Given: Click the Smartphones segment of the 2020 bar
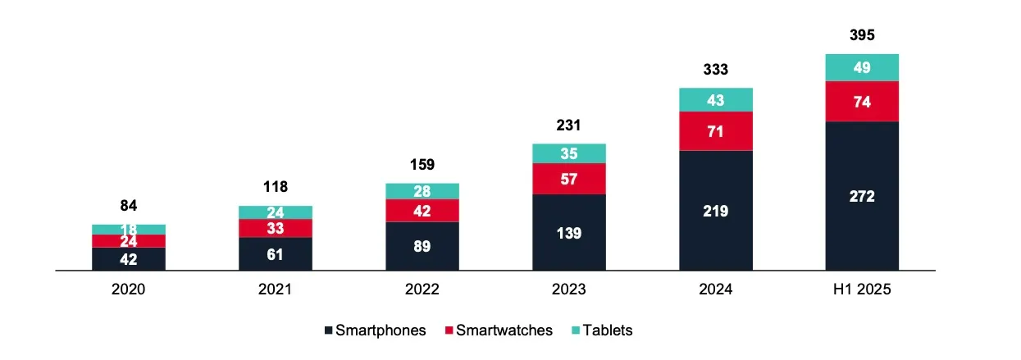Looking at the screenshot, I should [x=129, y=258].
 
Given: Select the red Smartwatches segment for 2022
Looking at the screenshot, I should [x=422, y=210].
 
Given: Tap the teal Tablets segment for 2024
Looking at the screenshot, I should [x=716, y=99].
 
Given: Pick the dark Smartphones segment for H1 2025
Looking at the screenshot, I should [x=862, y=196].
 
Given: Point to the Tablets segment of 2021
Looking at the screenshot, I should [x=276, y=212].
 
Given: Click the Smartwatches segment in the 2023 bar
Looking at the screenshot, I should [x=569, y=179].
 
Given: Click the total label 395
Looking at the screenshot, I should [x=862, y=35].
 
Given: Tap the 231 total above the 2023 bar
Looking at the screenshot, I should [x=569, y=125].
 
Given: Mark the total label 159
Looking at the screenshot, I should [x=422, y=164].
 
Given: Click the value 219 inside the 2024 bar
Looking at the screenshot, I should [x=716, y=211].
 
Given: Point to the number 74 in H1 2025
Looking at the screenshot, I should [x=862, y=102].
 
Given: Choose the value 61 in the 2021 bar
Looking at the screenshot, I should [x=276, y=254].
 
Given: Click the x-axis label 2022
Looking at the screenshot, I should [x=422, y=289].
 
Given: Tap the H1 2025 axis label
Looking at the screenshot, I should [x=862, y=289].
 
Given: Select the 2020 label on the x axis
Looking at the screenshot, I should [x=129, y=289].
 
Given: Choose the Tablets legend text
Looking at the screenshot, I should [x=608, y=330].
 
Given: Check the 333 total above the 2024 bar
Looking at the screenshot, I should [x=716, y=70].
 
